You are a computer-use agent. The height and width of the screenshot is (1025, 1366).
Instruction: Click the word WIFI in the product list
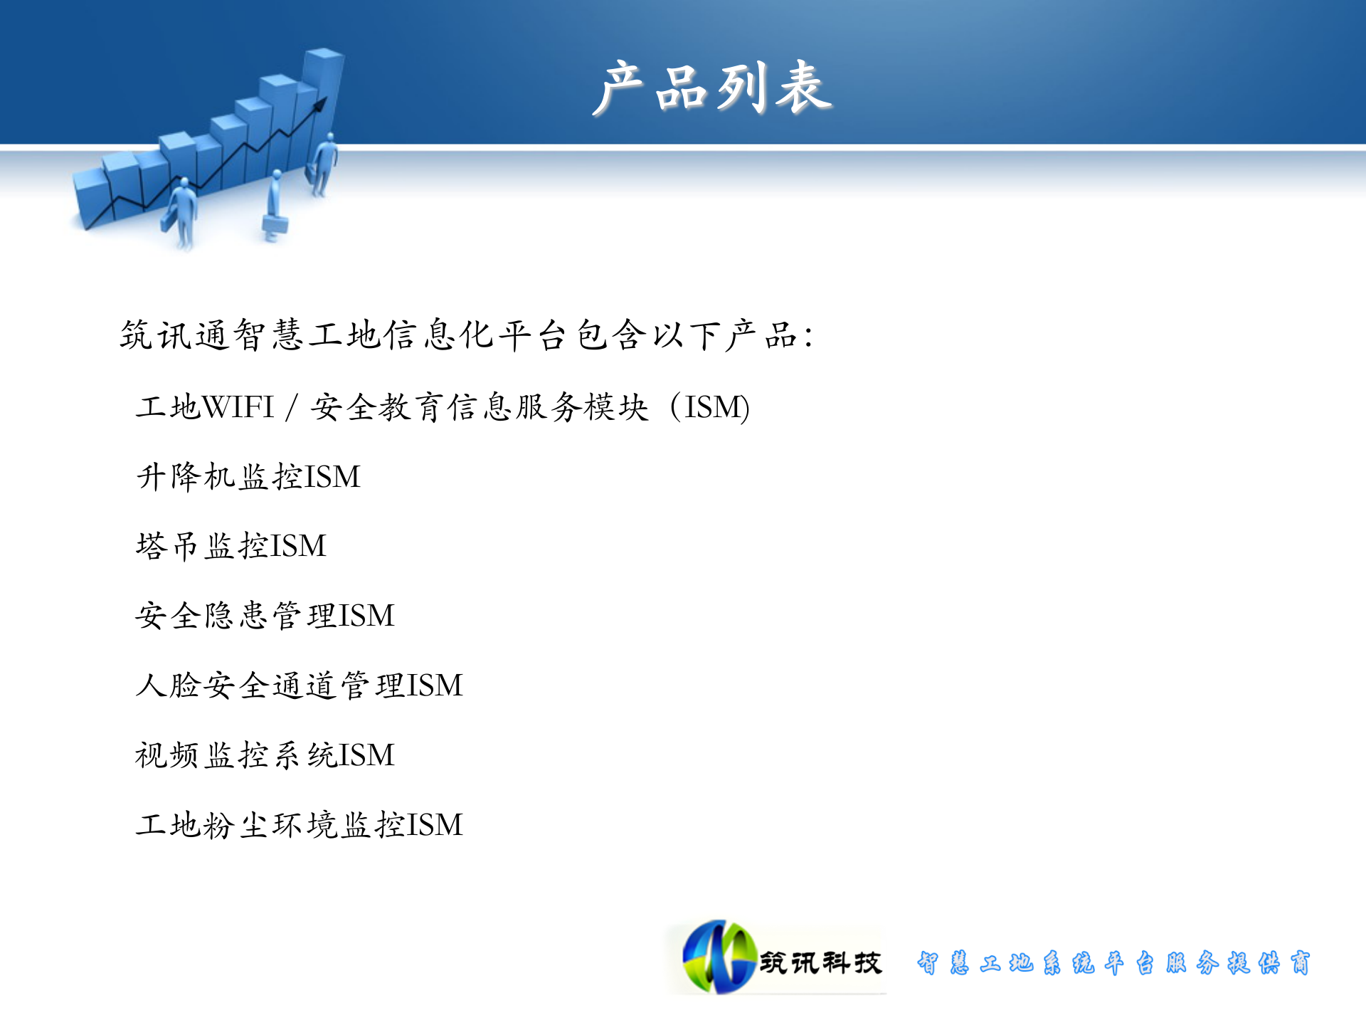(x=238, y=407)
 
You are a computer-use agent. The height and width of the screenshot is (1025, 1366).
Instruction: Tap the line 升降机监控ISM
(x=248, y=476)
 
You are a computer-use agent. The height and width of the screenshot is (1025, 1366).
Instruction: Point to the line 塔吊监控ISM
(x=231, y=546)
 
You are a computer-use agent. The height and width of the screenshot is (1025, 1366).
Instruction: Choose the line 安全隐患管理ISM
(x=265, y=615)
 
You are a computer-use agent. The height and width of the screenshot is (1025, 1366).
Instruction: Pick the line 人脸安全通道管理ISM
(x=299, y=685)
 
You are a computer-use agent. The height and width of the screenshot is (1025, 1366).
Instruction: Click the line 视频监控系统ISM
(x=265, y=755)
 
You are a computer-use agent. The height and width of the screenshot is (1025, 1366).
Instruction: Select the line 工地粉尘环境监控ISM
(x=299, y=824)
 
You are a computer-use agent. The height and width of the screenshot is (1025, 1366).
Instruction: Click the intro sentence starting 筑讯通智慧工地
(x=466, y=335)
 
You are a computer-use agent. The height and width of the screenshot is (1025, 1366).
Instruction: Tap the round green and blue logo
(x=719, y=957)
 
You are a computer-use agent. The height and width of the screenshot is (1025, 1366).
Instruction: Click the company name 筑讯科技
(x=820, y=962)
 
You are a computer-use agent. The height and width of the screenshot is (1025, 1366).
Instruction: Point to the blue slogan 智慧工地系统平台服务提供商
(x=1113, y=962)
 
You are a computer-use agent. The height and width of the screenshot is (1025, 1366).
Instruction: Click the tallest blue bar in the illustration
(x=323, y=93)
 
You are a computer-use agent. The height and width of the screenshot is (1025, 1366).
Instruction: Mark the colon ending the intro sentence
(x=809, y=336)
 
